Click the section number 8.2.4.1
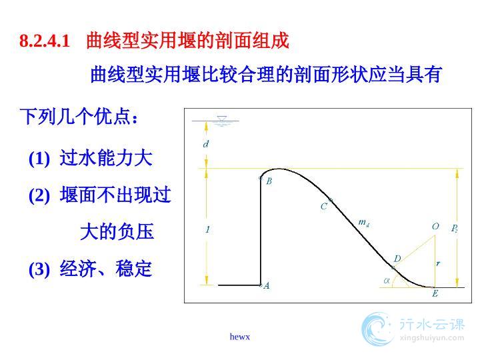(45, 41)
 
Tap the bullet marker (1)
(39, 159)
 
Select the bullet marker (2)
(39, 195)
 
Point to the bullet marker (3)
(39, 269)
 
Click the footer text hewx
(240, 337)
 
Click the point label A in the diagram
(267, 285)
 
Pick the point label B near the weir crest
(269, 181)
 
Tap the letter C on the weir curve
(323, 207)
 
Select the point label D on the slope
(397, 259)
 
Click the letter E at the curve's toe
(435, 293)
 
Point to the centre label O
(435, 226)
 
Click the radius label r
(438, 263)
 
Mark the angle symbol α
(387, 281)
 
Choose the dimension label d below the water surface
(206, 143)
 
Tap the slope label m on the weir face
(363, 222)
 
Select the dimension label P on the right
(454, 229)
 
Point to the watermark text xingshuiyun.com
(432, 337)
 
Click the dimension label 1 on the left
(208, 229)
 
